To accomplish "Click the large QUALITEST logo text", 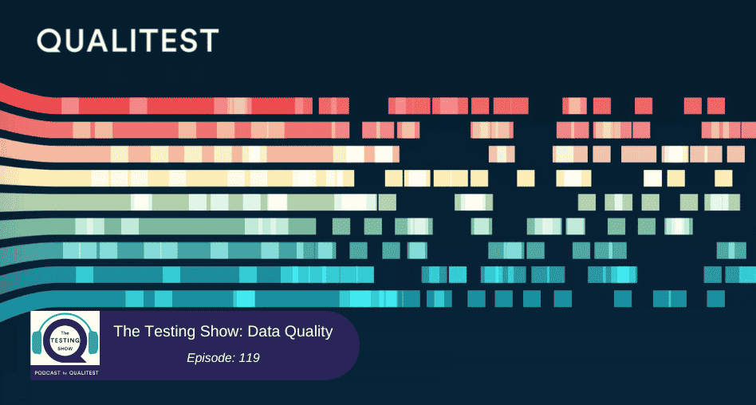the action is click(128, 41).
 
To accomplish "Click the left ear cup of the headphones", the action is click(39, 341).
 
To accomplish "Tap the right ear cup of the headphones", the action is click(93, 341).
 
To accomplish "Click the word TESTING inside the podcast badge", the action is click(65, 339).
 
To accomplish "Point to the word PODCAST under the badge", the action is click(45, 373).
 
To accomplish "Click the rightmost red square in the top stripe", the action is click(716, 106).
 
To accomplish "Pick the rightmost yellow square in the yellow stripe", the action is click(723, 179).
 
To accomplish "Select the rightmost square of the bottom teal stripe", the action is click(716, 299).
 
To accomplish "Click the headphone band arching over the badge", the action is click(65, 319).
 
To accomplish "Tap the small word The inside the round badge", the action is click(65, 332).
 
